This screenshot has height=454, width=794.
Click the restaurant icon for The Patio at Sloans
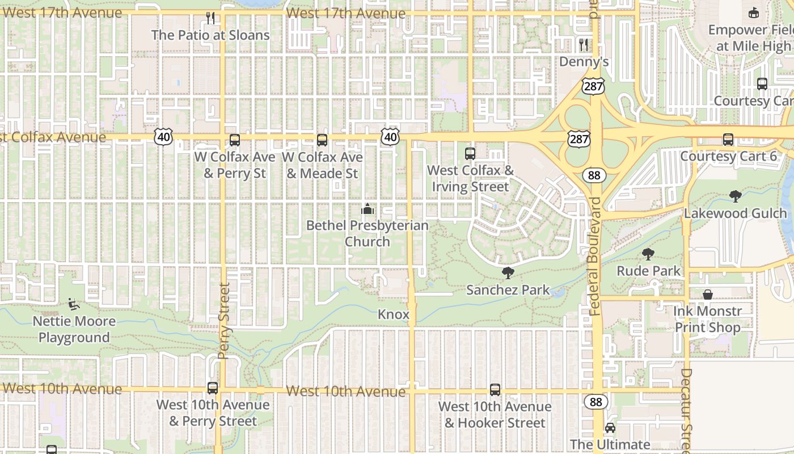(210, 18)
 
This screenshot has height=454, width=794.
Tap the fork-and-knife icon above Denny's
(584, 44)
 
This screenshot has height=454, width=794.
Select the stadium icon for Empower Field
(754, 12)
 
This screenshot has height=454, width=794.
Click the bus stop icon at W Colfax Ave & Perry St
(235, 140)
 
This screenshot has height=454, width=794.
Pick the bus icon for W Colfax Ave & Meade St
(322, 140)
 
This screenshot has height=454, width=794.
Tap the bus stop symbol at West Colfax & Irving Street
(470, 153)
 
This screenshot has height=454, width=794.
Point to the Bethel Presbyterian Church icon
(368, 209)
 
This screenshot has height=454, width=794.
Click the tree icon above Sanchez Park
(508, 273)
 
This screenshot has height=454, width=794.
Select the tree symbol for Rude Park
(648, 254)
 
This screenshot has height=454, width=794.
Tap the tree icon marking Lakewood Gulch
(736, 196)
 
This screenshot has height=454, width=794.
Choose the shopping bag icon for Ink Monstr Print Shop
(708, 295)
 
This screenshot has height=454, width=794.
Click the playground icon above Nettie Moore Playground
(73, 304)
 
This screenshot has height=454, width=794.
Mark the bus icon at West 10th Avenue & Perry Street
(213, 388)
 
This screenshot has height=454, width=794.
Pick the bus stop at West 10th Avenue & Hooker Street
(495, 390)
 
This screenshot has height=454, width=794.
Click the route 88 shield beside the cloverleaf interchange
(594, 175)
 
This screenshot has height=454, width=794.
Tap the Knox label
(394, 314)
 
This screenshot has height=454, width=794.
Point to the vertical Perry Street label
(223, 321)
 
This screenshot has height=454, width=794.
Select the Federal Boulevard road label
(594, 257)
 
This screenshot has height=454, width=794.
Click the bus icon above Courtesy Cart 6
(728, 140)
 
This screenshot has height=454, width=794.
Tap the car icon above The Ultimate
(610, 428)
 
